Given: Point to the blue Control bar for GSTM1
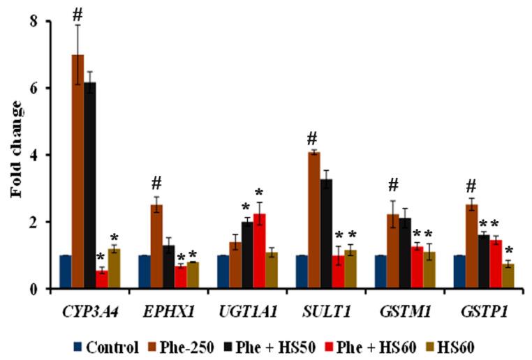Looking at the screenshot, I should pyautogui.click(x=380, y=271).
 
